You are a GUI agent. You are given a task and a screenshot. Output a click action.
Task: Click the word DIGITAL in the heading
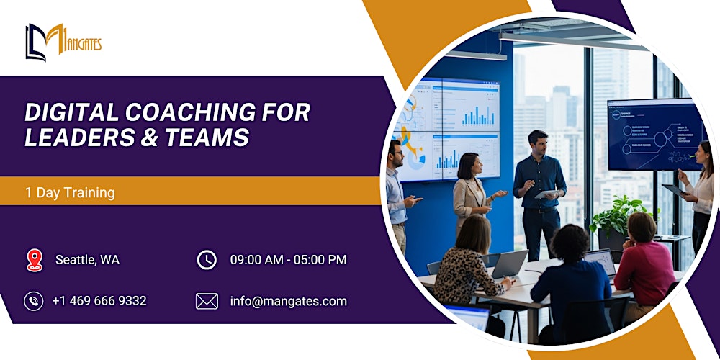click(x=71, y=112)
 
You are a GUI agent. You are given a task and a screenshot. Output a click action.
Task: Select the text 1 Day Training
click(x=70, y=192)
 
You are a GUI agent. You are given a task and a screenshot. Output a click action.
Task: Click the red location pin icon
click(x=34, y=260)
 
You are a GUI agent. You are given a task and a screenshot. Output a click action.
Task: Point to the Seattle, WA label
click(x=87, y=260)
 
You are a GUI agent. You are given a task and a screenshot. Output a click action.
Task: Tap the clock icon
click(x=207, y=260)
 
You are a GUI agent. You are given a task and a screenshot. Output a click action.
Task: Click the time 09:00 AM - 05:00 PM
click(x=288, y=260)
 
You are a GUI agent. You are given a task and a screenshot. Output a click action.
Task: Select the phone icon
click(x=34, y=301)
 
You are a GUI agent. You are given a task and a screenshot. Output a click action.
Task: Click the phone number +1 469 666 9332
click(x=99, y=301)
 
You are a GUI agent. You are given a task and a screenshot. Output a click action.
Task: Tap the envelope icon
click(x=207, y=301)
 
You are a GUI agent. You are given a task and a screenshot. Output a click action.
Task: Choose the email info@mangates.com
click(x=288, y=301)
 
